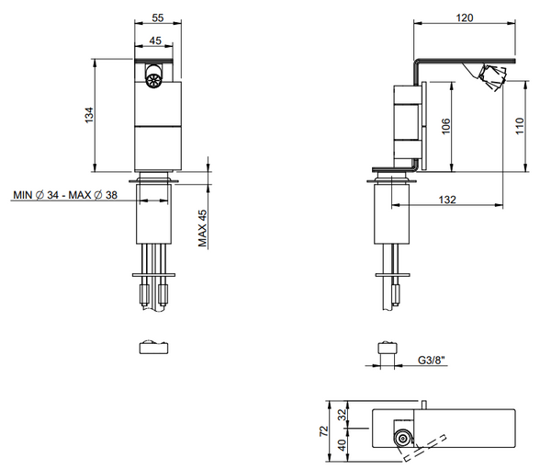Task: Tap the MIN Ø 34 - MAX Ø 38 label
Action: point(65,195)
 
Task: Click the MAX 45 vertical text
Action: point(203,227)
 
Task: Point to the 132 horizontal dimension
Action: point(447,200)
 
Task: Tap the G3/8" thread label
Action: point(431,363)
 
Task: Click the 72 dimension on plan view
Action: point(323,430)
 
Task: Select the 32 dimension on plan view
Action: point(343,415)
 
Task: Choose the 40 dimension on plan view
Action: point(343,444)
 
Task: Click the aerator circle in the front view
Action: point(153,81)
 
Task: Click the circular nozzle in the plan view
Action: point(402,439)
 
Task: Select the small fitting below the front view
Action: point(153,347)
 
